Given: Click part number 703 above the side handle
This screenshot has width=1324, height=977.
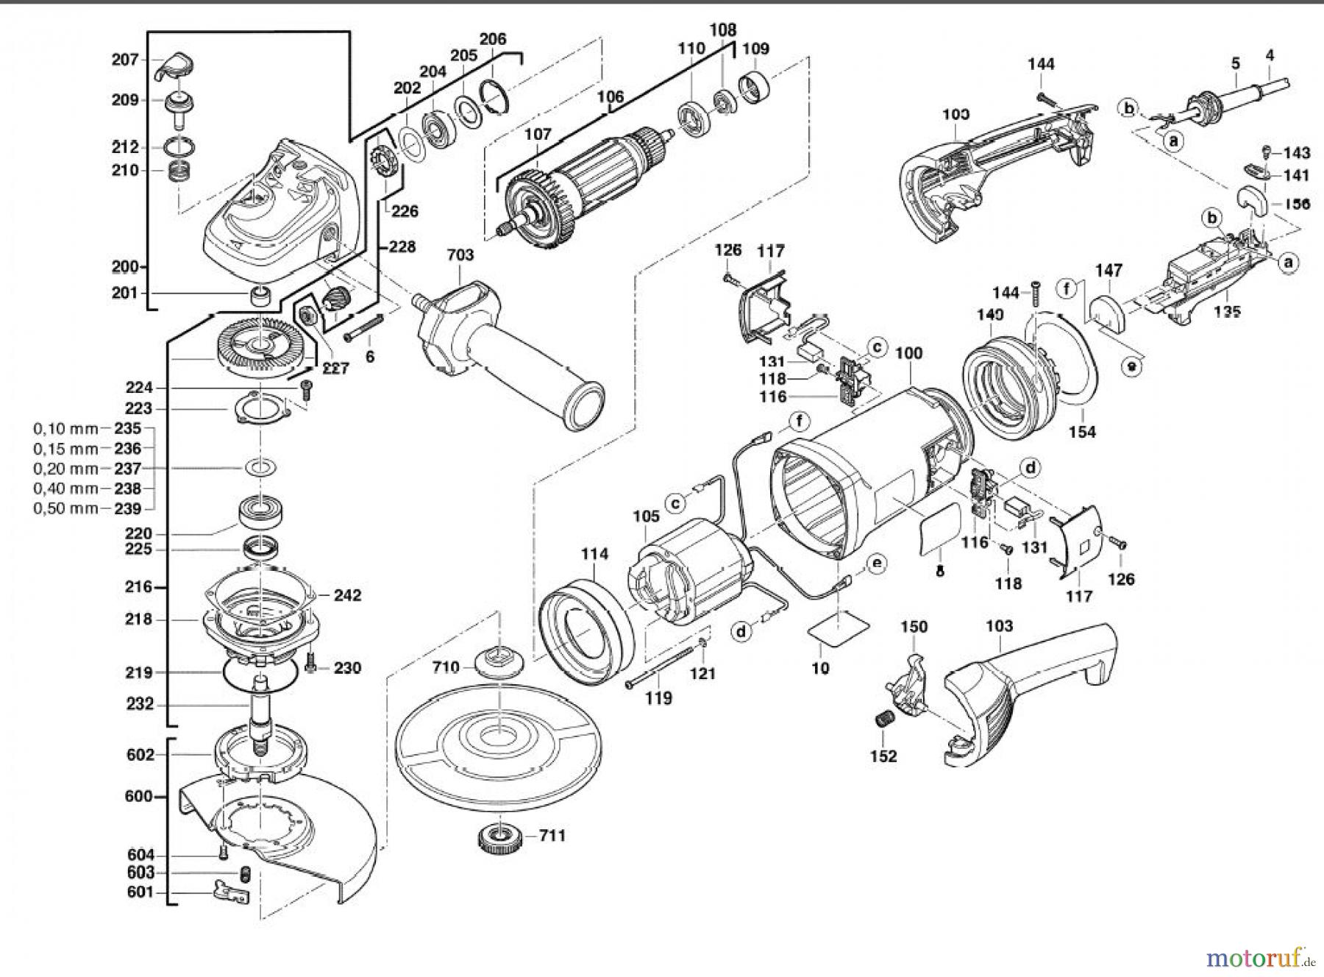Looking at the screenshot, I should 460,255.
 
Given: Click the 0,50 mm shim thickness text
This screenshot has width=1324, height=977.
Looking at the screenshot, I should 65,509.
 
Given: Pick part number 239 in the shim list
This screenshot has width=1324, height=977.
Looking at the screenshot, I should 127,509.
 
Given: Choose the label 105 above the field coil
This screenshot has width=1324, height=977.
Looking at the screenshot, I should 646,516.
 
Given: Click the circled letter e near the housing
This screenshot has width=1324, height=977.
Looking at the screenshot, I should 876,564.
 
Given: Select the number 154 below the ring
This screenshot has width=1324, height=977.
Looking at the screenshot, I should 1082,432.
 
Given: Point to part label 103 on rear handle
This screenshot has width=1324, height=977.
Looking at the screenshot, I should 999,626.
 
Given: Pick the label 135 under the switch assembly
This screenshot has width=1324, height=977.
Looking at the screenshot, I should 1227,310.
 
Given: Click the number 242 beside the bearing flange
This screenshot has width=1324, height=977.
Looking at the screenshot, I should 347,594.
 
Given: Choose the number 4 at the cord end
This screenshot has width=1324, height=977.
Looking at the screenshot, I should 1270,55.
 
